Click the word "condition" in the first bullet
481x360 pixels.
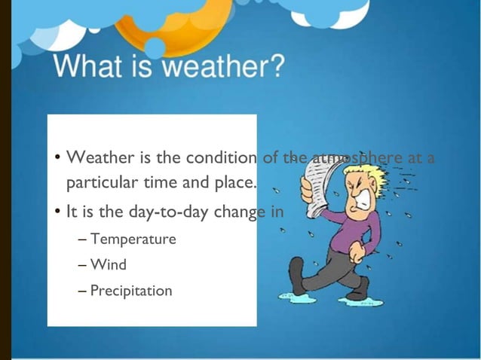pyautogui.click(x=216, y=158)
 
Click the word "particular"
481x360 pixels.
pyautogui.click(x=99, y=183)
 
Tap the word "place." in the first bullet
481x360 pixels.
pyautogui.click(x=234, y=182)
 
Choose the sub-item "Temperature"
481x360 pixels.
pyautogui.click(x=133, y=239)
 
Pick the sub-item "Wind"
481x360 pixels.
pyautogui.click(x=109, y=265)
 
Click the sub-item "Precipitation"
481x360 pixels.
pyautogui.click(x=131, y=290)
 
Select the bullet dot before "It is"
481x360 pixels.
pyautogui.click(x=57, y=212)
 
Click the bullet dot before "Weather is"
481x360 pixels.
pyautogui.click(x=57, y=159)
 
